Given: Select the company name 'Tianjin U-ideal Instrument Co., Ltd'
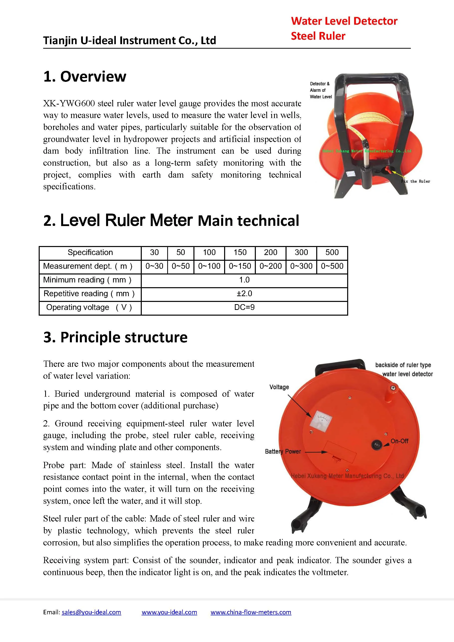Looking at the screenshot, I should [x=130, y=40].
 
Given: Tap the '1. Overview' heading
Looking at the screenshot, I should [x=85, y=76].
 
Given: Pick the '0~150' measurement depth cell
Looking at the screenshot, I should [x=240, y=266].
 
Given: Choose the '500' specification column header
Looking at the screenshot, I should [x=332, y=252].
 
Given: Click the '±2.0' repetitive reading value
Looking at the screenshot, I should [x=244, y=293].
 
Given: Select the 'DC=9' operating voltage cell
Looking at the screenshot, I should [x=244, y=307].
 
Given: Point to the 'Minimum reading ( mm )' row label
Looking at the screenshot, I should [x=87, y=280].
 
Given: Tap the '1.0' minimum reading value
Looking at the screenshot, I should [x=244, y=280].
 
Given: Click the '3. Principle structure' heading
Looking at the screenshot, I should [x=115, y=337].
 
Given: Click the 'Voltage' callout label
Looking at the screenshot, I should [x=279, y=387].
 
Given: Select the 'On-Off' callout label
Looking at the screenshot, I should [x=399, y=441].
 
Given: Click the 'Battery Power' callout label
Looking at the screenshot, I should [x=283, y=451].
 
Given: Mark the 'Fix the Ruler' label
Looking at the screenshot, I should [x=415, y=181].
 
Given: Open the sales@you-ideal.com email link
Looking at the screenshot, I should [x=91, y=612].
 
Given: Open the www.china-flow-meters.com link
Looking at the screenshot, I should [x=251, y=612].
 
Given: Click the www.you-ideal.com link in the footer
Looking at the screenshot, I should [x=169, y=612].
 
